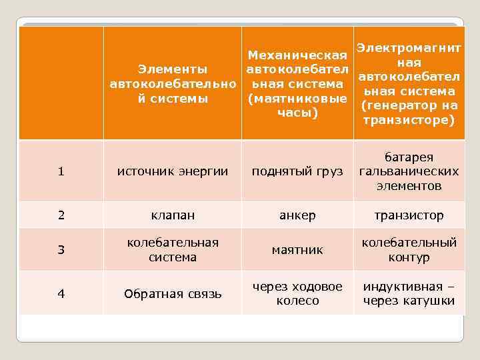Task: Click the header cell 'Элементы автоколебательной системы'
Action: tap(173, 84)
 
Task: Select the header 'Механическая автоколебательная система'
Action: tap(297, 84)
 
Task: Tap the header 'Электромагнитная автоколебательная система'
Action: tap(408, 84)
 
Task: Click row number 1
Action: tap(61, 171)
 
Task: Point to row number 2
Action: tap(61, 215)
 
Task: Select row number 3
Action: tap(61, 250)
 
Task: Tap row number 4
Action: tap(61, 294)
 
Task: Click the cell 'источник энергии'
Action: tap(173, 171)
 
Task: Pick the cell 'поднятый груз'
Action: tap(297, 171)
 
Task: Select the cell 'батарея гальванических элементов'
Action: tap(408, 171)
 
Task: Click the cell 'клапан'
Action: tap(173, 215)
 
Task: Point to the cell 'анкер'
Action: tap(297, 215)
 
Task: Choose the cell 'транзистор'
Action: tap(408, 215)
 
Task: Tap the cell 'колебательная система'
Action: tap(173, 250)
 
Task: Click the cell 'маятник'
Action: tap(297, 250)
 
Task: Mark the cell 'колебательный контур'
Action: tap(408, 250)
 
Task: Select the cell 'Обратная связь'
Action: tap(173, 294)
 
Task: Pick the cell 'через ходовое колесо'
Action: tap(297, 294)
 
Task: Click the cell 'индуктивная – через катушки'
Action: tap(408, 294)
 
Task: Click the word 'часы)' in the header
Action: tap(297, 113)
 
